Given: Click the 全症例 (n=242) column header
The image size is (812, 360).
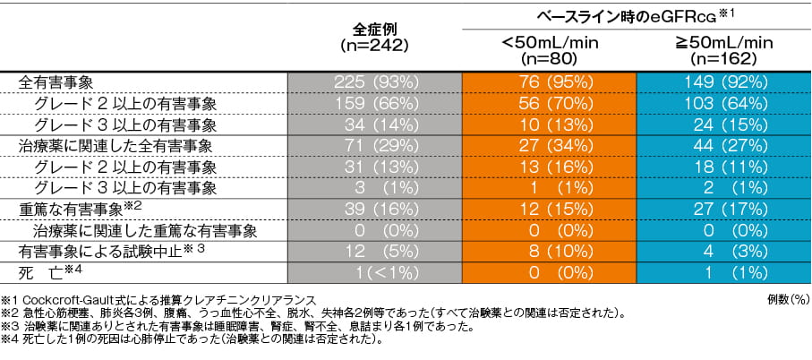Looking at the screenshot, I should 375,37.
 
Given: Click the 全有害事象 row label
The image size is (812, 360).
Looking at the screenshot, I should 56,81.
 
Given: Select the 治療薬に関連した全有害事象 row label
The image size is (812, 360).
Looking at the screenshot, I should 106,144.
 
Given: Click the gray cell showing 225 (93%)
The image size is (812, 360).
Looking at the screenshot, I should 375,81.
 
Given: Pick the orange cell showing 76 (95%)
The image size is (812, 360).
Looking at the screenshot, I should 550,81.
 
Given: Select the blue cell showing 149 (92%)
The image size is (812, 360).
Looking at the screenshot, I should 724,81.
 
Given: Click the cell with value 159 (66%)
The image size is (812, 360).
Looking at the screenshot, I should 375,102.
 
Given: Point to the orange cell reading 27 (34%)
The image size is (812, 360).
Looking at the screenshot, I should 550,144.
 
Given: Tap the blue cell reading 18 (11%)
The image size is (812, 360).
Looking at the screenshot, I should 724,166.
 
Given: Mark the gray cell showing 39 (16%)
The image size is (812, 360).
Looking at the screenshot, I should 375,208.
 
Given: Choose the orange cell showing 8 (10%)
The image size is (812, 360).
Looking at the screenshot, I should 550,251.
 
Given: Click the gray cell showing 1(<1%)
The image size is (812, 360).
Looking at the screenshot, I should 375,271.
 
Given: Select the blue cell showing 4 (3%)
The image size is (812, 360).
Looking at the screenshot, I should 724,251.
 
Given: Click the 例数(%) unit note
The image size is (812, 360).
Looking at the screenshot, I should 787,296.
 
